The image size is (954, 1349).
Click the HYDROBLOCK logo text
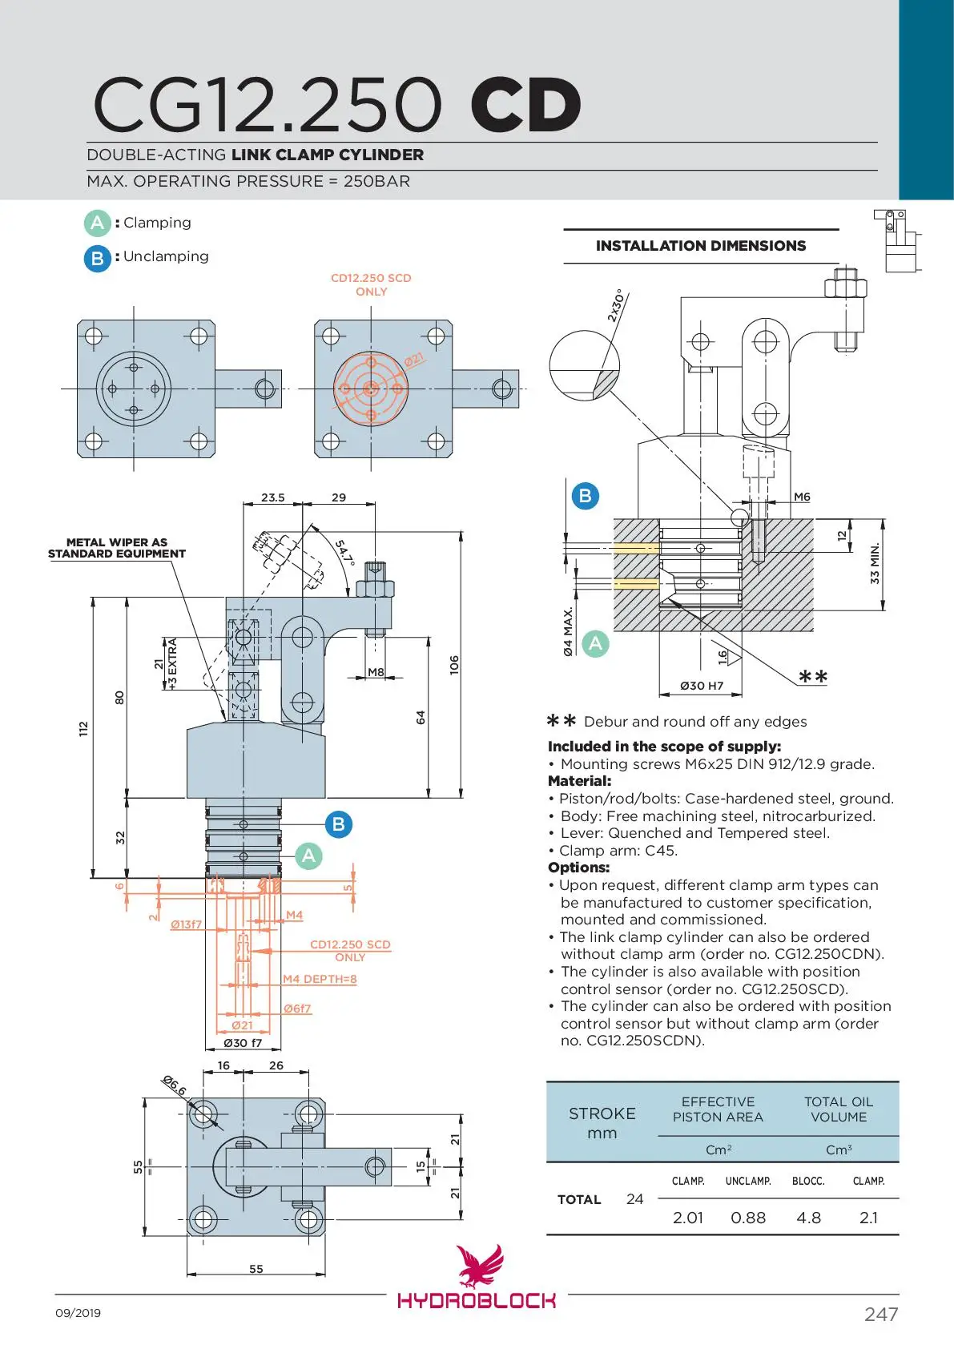point(477,1300)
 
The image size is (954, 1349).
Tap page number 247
point(881,1314)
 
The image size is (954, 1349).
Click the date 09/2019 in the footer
point(78,1313)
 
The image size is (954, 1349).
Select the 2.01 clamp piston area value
point(687,1218)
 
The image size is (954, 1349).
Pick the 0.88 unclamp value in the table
point(748,1218)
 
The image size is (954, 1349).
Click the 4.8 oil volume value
point(808,1218)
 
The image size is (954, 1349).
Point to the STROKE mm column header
point(602,1122)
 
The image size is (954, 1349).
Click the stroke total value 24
point(634,1199)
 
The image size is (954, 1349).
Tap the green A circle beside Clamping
point(97,223)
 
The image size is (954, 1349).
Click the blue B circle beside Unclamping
point(97,258)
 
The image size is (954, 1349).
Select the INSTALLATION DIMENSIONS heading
point(701,246)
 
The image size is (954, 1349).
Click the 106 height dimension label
point(454,664)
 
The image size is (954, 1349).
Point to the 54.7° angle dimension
point(344,552)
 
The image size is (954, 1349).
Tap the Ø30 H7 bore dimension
point(702,686)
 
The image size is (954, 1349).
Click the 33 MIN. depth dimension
point(875,563)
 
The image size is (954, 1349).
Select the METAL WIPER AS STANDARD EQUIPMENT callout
point(117,548)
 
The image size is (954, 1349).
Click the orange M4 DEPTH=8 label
point(320,979)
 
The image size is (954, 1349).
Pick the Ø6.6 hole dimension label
point(174,1085)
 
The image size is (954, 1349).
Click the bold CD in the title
point(525,105)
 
